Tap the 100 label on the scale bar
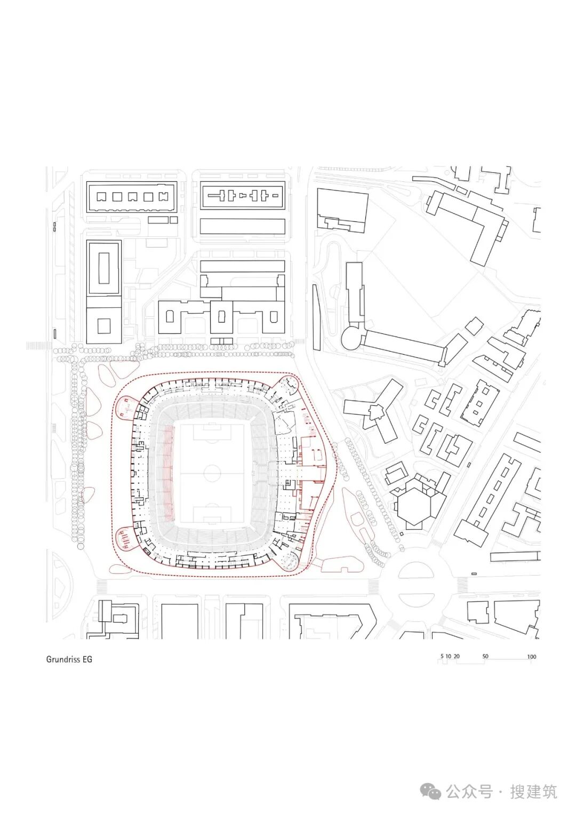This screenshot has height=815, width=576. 531,657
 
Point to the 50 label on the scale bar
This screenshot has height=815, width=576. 485,656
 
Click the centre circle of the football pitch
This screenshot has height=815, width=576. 212,473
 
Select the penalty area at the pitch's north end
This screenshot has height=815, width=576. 212,432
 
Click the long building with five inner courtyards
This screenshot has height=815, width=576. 132,197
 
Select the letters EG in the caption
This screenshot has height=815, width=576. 87,659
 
